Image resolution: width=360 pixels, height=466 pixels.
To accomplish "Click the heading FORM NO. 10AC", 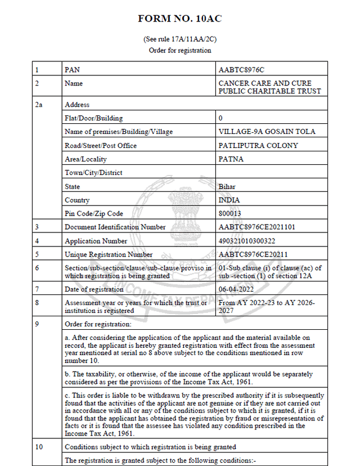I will point(180,19).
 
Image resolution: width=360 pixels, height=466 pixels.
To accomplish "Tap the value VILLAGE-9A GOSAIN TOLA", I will point(267,132).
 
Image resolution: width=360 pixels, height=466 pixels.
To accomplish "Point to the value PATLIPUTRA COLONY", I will point(258,146).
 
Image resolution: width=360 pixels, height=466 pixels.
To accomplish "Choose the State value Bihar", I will point(227,186).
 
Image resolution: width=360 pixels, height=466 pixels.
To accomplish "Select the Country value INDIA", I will point(229,200).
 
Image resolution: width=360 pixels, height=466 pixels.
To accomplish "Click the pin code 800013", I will point(229,214).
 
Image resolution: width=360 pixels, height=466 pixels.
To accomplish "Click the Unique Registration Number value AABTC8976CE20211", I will point(253,254).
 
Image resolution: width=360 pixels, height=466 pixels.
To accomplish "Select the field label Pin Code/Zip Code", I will point(94,214).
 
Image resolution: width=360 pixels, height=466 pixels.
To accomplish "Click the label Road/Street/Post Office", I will point(101,146).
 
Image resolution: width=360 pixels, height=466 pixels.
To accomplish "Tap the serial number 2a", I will point(39,105).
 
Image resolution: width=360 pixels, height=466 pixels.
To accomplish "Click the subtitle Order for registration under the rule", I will point(180,50).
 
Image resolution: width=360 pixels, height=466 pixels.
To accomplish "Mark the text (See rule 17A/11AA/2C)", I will point(180,39).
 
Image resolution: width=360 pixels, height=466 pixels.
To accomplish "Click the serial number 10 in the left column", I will point(39,447).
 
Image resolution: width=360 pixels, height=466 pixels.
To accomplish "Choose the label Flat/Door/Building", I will point(94,118).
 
